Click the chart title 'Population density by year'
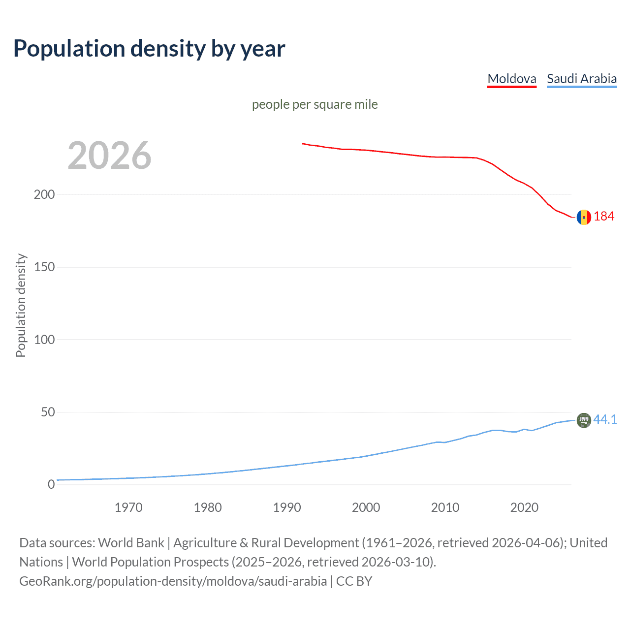[x=149, y=49]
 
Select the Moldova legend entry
[x=511, y=79]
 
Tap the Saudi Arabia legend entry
[x=581, y=79]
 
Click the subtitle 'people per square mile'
[x=315, y=104]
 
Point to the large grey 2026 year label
[x=109, y=156]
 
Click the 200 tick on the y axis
[x=44, y=194]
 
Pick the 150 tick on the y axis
[x=44, y=267]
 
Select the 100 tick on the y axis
[x=44, y=340]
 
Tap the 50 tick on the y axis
[x=48, y=412]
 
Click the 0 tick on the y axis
[x=51, y=484]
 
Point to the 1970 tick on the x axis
[x=128, y=507]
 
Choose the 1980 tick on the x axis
[x=208, y=507]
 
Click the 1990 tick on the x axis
[x=287, y=507]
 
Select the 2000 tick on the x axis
[x=366, y=507]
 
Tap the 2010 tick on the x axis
[x=445, y=507]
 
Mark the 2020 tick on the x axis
[x=524, y=507]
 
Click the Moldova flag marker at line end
[x=584, y=217]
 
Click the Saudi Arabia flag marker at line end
[x=584, y=420]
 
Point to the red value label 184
[x=604, y=217]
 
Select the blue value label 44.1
[x=605, y=419]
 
